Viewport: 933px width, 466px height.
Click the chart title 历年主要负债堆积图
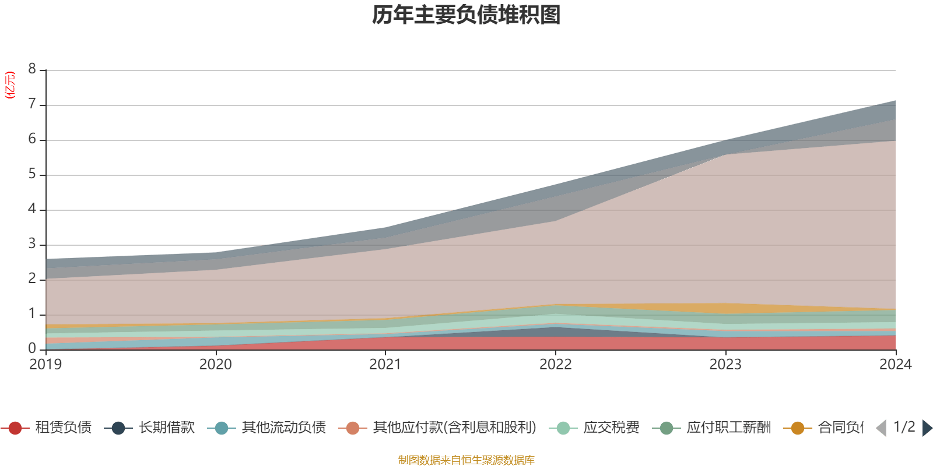[466, 15]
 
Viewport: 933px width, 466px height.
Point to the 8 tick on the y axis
[32, 69]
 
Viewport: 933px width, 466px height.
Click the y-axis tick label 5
[32, 175]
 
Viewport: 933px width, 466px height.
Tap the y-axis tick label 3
[32, 245]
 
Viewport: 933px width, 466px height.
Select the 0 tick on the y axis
[32, 349]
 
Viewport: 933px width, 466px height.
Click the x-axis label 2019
[45, 365]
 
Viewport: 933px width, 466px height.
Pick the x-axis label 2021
[385, 365]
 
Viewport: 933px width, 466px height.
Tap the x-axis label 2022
[555, 365]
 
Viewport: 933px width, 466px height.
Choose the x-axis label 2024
[895, 365]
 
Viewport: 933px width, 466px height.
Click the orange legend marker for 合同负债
[797, 428]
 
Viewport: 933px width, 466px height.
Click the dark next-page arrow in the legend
[927, 428]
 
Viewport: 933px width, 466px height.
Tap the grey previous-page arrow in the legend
[881, 428]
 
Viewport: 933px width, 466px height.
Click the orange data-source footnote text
[466, 460]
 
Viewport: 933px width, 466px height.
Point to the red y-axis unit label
[10, 86]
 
